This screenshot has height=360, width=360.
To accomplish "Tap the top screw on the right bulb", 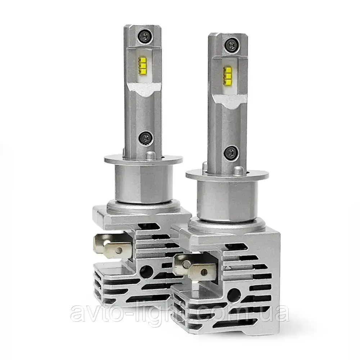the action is point(232,44).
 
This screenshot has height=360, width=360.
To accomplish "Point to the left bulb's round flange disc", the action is point(144,159).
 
